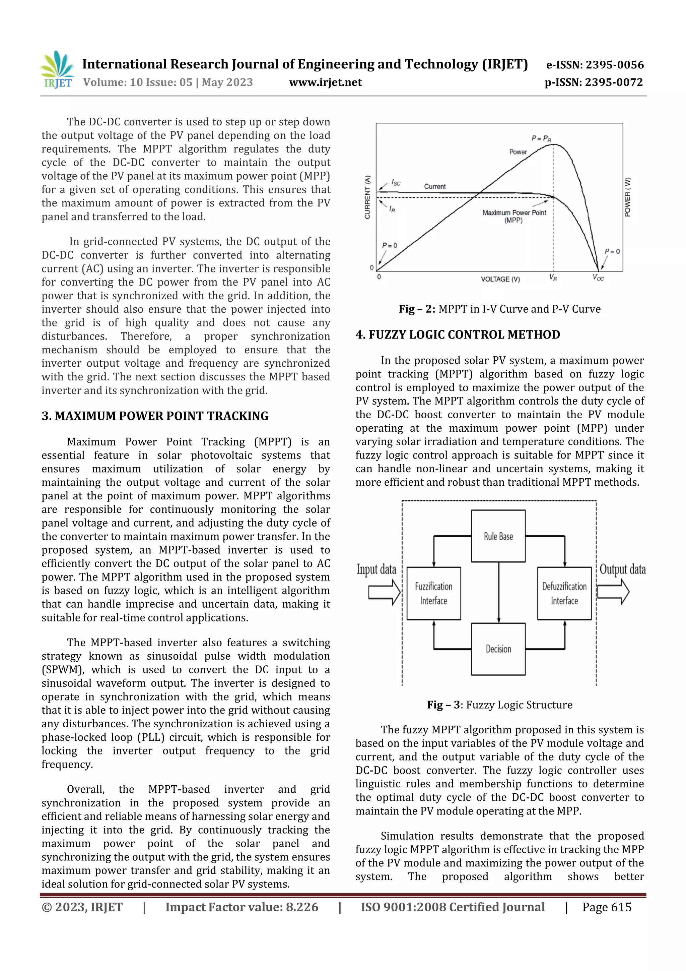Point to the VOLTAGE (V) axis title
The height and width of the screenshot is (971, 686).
pyautogui.click(x=500, y=279)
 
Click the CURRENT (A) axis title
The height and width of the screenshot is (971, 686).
pyautogui.click(x=367, y=197)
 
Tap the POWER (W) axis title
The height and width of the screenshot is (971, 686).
pyautogui.click(x=628, y=197)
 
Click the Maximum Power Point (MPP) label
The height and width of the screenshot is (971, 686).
pyautogui.click(x=514, y=216)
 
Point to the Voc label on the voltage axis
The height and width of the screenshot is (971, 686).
pyautogui.click(x=598, y=278)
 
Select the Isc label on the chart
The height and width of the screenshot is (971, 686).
pyautogui.click(x=396, y=182)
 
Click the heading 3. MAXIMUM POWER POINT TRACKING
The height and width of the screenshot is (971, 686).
pyautogui.click(x=155, y=416)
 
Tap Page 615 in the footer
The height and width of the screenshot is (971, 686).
pyautogui.click(x=606, y=907)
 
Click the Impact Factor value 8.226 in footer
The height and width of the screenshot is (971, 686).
pyautogui.click(x=242, y=907)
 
